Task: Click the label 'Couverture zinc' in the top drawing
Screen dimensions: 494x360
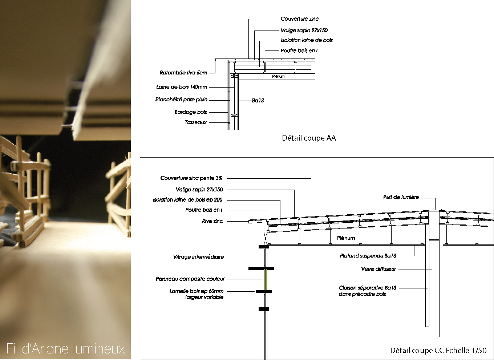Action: pyautogui.click(x=299, y=19)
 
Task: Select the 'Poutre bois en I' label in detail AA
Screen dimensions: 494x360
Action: pyautogui.click(x=299, y=51)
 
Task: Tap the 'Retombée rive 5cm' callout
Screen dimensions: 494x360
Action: pyautogui.click(x=183, y=73)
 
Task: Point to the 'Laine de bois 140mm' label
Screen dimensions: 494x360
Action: pyautogui.click(x=182, y=87)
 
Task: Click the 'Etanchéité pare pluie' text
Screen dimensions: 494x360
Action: pyautogui.click(x=181, y=100)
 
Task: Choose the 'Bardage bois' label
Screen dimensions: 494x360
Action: pyautogui.click(x=191, y=112)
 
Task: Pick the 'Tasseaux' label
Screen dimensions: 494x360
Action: pyautogui.click(x=196, y=122)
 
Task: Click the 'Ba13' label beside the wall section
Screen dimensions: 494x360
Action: pyautogui.click(x=258, y=101)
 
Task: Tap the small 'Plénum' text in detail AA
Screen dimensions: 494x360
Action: pyautogui.click(x=278, y=76)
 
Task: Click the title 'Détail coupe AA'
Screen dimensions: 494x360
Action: pyautogui.click(x=309, y=138)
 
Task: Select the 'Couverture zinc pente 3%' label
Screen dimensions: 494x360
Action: pyautogui.click(x=191, y=178)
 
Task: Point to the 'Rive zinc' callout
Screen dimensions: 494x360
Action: pyautogui.click(x=212, y=221)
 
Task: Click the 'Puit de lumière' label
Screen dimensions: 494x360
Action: pyautogui.click(x=401, y=197)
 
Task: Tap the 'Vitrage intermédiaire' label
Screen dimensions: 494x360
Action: pyautogui.click(x=198, y=257)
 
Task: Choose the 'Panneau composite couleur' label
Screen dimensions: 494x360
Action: pyautogui.click(x=190, y=279)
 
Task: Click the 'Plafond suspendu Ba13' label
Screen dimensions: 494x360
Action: pyautogui.click(x=368, y=256)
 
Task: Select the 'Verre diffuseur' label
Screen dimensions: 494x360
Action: pyautogui.click(x=378, y=269)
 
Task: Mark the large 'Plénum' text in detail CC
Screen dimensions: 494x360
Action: pyautogui.click(x=346, y=238)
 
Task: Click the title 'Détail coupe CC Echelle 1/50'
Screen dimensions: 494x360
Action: pyautogui.click(x=438, y=351)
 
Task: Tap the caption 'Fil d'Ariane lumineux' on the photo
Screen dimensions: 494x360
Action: pyautogui.click(x=65, y=349)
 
